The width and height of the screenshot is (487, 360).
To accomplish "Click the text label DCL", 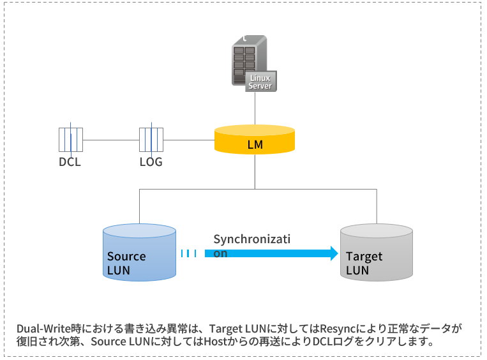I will (x=70, y=161).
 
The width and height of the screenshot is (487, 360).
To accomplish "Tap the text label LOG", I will (x=151, y=161).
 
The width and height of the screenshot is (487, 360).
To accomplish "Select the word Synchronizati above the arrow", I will (x=251, y=239).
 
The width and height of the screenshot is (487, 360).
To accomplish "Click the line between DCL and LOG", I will (x=111, y=140).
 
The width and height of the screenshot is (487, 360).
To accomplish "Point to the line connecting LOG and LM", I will (x=189, y=140).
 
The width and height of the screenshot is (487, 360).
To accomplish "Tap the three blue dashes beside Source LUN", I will (x=189, y=253).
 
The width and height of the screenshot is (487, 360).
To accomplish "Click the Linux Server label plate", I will (x=260, y=82).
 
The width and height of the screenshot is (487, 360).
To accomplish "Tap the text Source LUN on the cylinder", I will (x=126, y=263).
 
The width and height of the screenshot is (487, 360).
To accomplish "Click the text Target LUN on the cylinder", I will (x=364, y=263).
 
